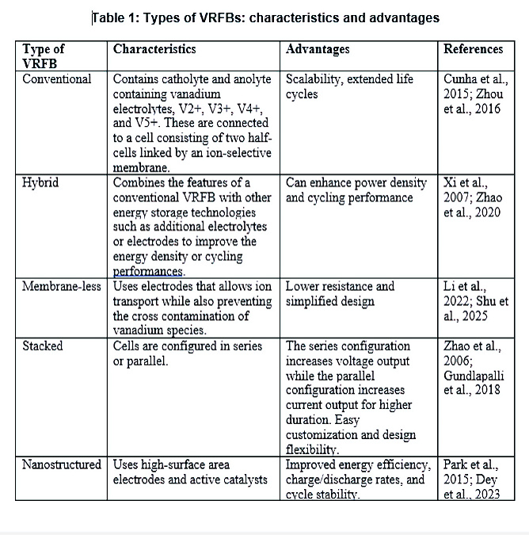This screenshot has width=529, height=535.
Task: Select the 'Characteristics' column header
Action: pos(154,49)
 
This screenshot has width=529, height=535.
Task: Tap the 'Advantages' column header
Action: pos(318,49)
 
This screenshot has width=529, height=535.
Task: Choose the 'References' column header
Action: pos(473,49)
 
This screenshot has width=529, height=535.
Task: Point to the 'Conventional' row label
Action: pos(57,79)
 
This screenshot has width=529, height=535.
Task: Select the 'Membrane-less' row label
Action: pos(62,286)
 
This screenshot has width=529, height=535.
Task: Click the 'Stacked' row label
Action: pos(43,346)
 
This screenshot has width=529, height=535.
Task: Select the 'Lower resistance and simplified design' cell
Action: pos(341,293)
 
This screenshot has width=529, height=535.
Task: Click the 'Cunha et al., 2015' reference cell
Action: pos(473,94)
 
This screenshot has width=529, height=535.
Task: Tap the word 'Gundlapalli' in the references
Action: pos(473,376)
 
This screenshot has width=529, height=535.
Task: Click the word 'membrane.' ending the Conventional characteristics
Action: pos(142,168)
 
